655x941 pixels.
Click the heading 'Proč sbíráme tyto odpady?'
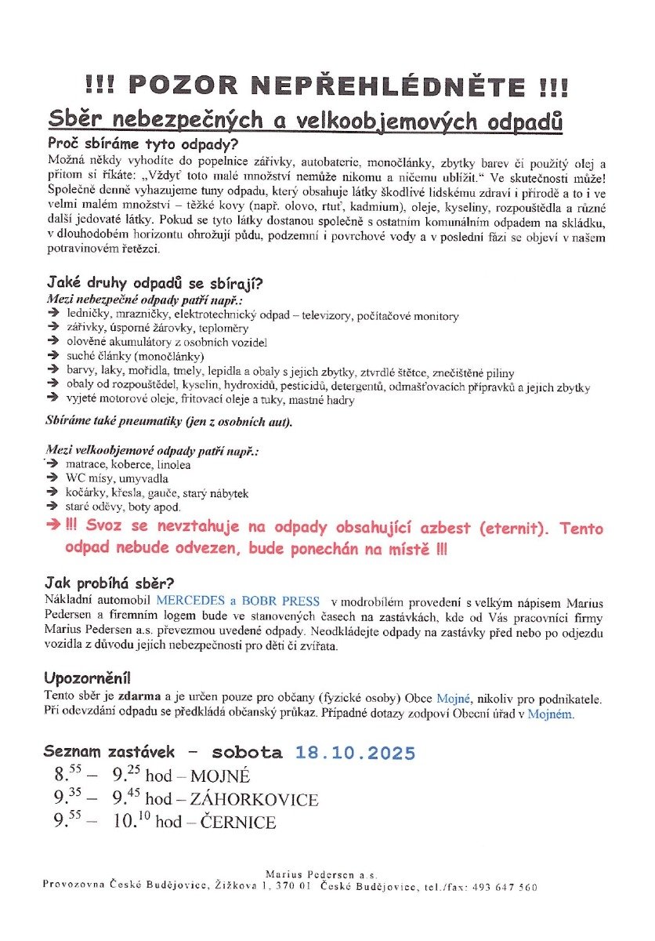pyautogui.click(x=143, y=144)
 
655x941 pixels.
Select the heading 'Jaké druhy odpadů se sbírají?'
pyautogui.click(x=155, y=283)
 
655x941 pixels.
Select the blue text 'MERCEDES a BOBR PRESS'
pyautogui.click(x=237, y=601)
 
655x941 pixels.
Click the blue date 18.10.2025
pyautogui.click(x=355, y=754)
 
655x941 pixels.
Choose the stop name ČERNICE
pyautogui.click(x=238, y=823)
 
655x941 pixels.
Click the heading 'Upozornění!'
pyautogui.click(x=88, y=678)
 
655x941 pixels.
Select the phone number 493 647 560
pyautogui.click(x=509, y=887)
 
